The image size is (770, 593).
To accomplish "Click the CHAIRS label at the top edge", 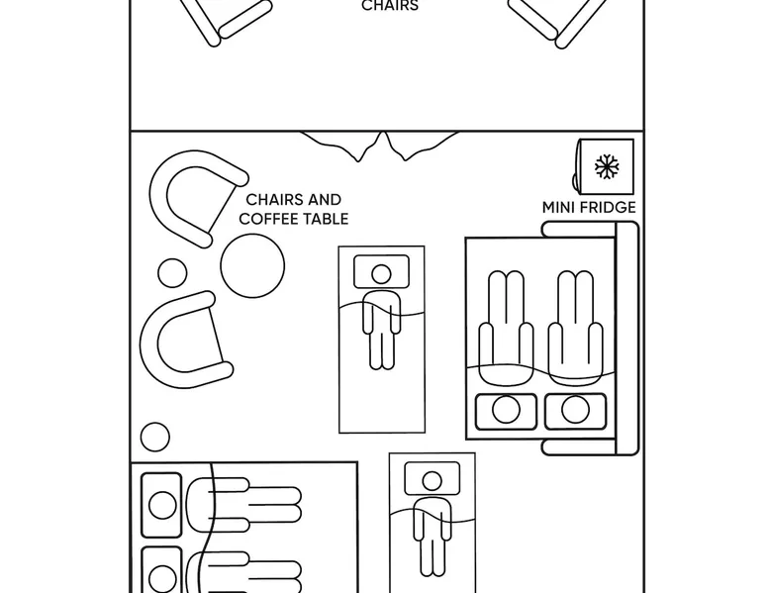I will click(x=390, y=6).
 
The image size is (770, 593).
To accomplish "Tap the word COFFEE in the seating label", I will click(x=268, y=219).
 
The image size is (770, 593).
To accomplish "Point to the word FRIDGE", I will click(x=607, y=208).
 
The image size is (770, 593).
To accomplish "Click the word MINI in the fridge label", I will click(x=558, y=208).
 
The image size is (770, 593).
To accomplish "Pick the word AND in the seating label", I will click(x=325, y=200).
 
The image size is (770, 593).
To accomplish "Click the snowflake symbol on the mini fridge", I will click(x=607, y=166).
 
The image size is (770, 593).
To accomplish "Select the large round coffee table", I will click(x=252, y=265).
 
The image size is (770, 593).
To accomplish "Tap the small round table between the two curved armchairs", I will click(x=172, y=273).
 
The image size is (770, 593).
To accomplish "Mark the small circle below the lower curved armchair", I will click(x=155, y=436).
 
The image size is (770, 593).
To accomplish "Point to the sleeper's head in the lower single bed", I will click(x=431, y=482).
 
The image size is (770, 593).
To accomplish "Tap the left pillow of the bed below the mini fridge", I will click(x=506, y=410).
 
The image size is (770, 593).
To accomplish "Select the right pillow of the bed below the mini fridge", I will click(x=575, y=410).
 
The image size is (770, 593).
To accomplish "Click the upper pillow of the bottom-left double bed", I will click(x=162, y=505).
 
